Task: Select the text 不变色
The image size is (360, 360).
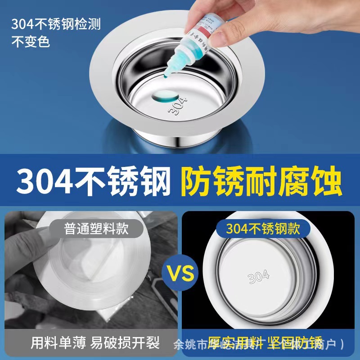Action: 30,42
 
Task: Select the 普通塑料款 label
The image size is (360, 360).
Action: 95,229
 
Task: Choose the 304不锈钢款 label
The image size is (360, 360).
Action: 263,229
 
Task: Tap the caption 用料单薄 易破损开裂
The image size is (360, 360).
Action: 95,343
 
